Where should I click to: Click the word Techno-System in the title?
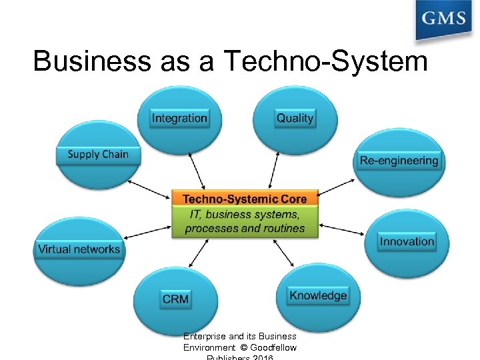[326, 61]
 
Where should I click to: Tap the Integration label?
[179, 118]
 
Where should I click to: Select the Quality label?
[295, 118]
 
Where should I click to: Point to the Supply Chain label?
[98, 154]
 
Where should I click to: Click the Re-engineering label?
[399, 160]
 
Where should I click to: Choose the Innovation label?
[407, 241]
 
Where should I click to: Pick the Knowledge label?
[318, 295]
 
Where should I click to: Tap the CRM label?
[175, 299]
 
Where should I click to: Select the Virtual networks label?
[79, 249]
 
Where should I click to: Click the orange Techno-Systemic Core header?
[245, 199]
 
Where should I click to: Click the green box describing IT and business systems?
[245, 222]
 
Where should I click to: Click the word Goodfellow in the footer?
[273, 347]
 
